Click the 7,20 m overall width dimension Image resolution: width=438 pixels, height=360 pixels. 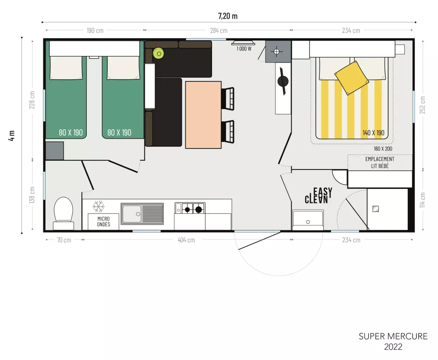pos(228,16)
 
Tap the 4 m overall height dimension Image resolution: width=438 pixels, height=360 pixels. pos(11,135)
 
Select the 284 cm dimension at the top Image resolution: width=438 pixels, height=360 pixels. pos(219,31)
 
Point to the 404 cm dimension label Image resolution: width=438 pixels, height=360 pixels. pos(186,240)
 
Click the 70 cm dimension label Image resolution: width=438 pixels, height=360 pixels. pos(64,240)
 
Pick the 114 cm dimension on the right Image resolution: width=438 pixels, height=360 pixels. pos(422,200)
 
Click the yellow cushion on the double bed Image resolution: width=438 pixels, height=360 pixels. pos(351,78)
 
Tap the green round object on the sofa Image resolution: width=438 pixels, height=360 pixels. pos(159,53)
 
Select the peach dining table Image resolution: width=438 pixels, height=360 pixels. pos(203,114)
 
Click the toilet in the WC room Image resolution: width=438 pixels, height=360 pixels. pos(64,213)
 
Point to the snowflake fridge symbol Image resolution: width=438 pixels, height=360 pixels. pos(98,206)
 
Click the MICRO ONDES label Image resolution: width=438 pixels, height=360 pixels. pos(103,222)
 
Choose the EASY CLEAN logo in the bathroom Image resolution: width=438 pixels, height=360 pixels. pos(318,195)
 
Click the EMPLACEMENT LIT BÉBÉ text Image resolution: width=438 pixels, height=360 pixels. pos(380,162)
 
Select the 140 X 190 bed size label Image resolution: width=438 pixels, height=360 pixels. pos(374,133)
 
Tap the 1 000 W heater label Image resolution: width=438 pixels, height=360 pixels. pos(244,49)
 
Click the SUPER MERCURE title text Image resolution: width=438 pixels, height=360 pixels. pos(393,336)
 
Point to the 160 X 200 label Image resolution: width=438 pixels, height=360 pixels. pos(383,148)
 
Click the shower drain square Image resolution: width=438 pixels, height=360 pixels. pos(376,208)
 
